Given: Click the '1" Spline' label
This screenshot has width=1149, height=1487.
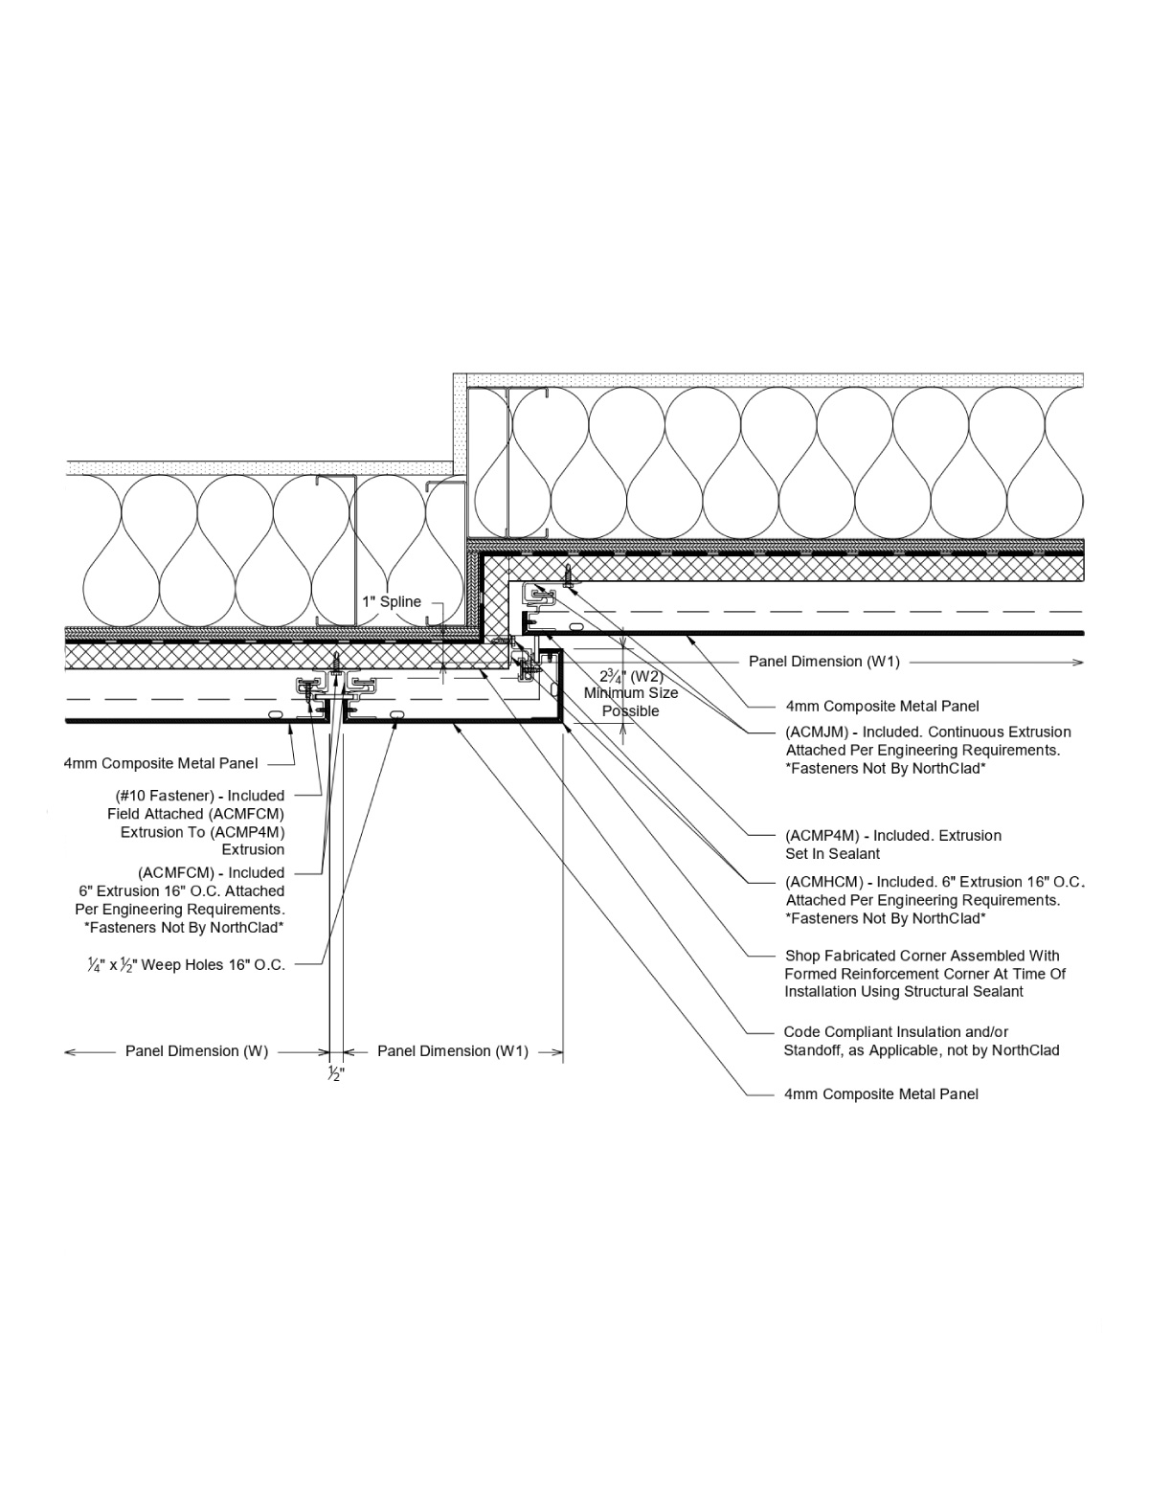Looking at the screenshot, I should (x=392, y=602).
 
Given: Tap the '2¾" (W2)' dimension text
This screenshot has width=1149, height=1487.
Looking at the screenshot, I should (x=631, y=676).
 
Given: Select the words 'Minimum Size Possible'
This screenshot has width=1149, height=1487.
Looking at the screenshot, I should (x=631, y=702).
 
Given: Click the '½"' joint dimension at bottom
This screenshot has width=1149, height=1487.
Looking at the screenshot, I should (x=336, y=1074).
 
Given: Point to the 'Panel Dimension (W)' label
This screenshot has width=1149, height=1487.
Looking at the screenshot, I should (x=196, y=1051).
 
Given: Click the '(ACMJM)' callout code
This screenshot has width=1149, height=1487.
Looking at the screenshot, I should (x=816, y=732).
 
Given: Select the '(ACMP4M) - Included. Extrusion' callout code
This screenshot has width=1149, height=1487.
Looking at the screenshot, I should (x=892, y=836).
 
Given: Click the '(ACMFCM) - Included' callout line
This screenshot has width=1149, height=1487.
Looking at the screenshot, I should (x=211, y=873).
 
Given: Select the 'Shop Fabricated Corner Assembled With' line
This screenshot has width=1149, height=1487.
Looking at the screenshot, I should (x=922, y=956).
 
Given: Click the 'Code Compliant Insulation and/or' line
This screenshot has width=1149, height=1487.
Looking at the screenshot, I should (x=895, y=1032).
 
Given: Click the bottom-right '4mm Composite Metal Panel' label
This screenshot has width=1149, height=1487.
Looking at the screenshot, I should (x=881, y=1094).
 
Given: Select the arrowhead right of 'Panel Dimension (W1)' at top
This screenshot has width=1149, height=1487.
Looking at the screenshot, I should (x=1078, y=662).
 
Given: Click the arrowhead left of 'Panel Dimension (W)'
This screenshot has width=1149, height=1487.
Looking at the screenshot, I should (x=70, y=1052).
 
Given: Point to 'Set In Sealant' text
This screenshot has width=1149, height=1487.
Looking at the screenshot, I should (x=832, y=854).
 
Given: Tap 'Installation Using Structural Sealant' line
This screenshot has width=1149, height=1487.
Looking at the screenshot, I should (x=904, y=992).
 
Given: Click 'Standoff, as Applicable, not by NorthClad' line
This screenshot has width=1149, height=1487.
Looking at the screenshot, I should (x=921, y=1050).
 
